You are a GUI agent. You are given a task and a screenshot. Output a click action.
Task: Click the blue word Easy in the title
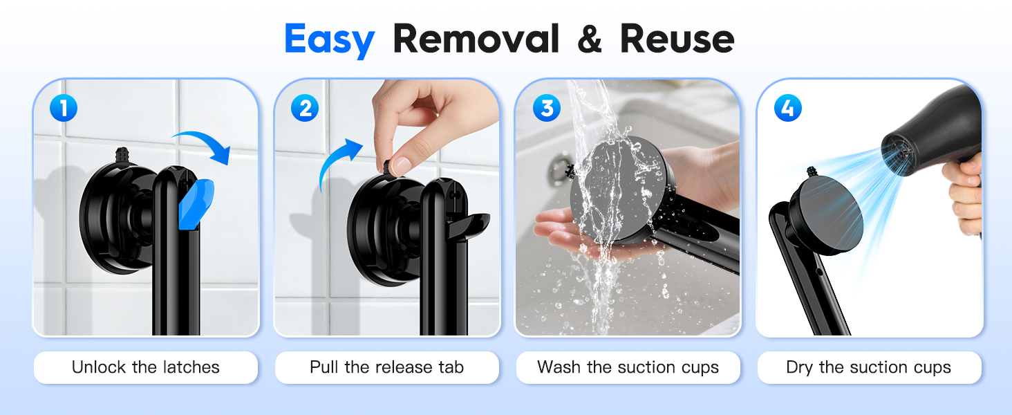(x=329, y=39)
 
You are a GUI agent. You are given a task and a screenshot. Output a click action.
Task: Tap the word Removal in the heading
(x=476, y=39)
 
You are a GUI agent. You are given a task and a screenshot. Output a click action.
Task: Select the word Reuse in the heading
(x=677, y=39)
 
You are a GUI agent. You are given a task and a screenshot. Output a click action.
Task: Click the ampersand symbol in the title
(x=589, y=39)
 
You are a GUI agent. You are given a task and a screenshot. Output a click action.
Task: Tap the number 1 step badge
(x=64, y=108)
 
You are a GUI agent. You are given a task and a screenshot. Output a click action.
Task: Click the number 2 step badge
(x=304, y=108)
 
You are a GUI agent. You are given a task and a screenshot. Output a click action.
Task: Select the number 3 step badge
(x=546, y=108)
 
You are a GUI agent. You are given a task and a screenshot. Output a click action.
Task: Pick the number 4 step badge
(x=787, y=108)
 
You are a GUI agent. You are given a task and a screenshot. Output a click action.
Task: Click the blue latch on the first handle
(x=196, y=204)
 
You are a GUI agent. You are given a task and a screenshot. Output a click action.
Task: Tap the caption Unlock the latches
(x=145, y=367)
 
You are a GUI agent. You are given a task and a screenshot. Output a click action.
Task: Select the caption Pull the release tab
(x=386, y=367)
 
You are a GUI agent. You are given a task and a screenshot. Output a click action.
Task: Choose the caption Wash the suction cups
(x=628, y=367)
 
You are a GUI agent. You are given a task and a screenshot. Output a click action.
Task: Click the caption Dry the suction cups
(x=868, y=367)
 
